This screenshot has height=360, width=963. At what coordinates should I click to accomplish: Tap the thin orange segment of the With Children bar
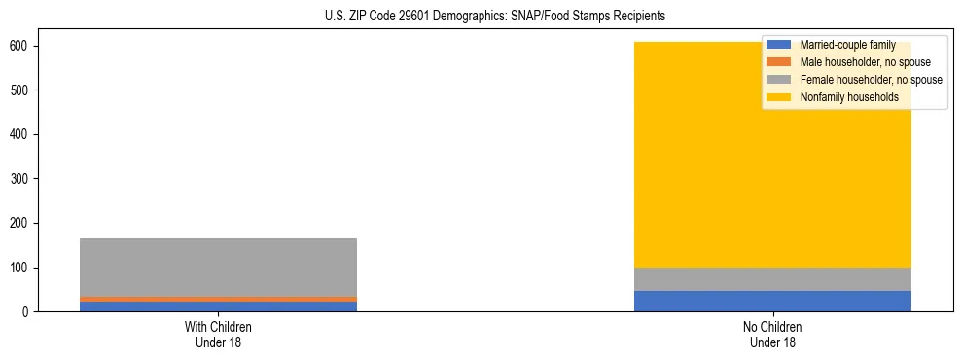coord(218,299)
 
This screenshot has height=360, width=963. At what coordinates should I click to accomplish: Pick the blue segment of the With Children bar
coord(218,306)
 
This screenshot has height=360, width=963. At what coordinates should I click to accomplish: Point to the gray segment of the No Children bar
coord(772,279)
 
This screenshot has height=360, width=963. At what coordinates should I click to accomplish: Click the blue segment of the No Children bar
coord(772,302)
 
